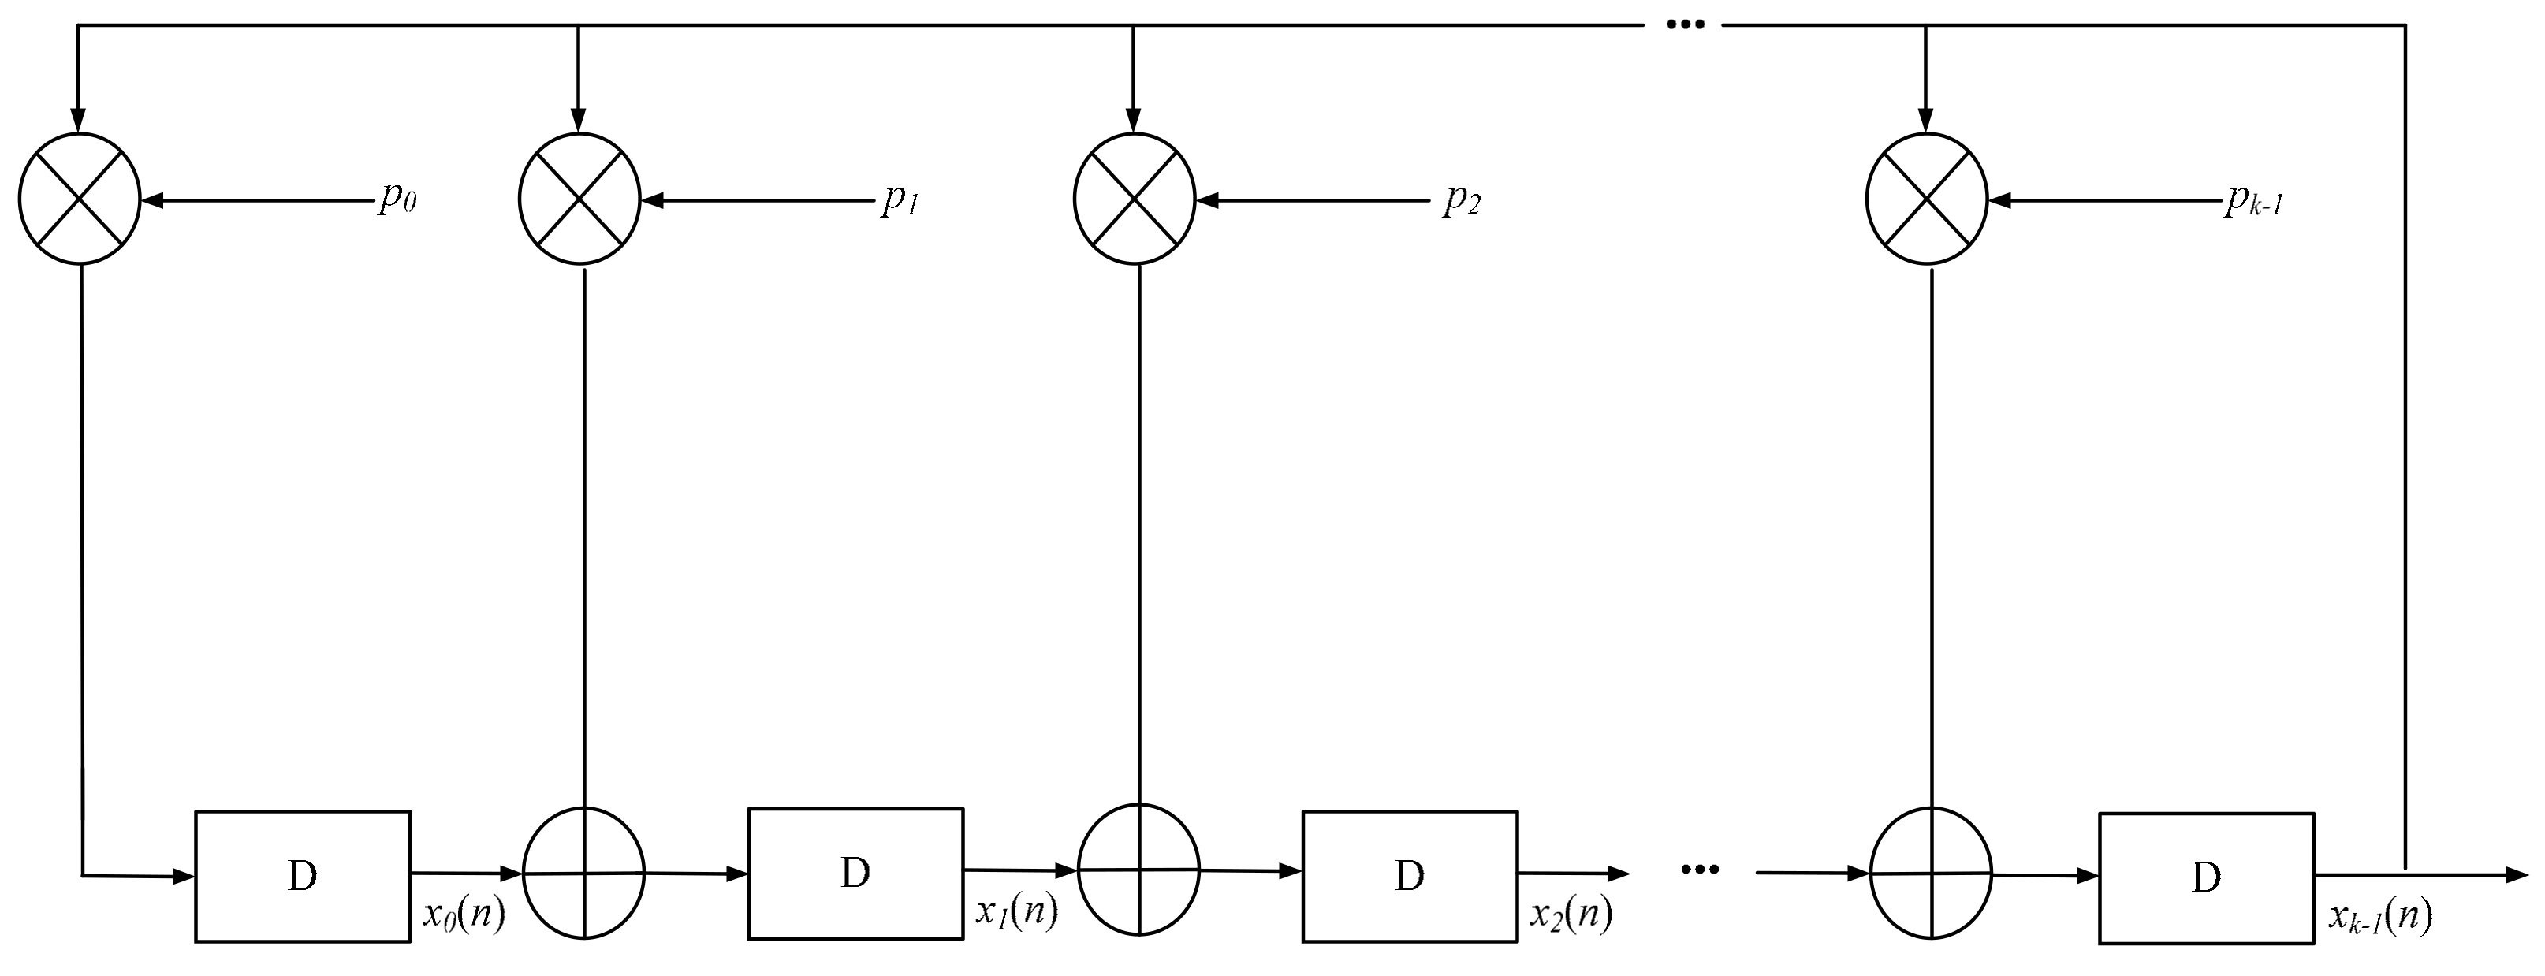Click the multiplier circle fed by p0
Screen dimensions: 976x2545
click(x=80, y=199)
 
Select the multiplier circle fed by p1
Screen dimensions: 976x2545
click(x=580, y=199)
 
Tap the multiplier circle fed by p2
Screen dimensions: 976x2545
click(x=1135, y=199)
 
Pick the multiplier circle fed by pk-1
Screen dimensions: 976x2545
click(x=1927, y=199)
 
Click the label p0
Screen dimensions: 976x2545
click(x=397, y=199)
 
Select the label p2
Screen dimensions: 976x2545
click(x=1463, y=200)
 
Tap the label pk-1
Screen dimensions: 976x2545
click(x=2253, y=202)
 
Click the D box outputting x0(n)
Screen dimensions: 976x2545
click(x=302, y=876)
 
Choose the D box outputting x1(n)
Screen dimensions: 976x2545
click(x=855, y=874)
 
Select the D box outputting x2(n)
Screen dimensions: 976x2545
click(x=1410, y=876)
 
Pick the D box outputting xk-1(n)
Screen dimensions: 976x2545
click(x=2206, y=878)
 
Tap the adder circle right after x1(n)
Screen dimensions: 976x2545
click(x=1138, y=870)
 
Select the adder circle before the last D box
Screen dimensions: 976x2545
click(x=1932, y=874)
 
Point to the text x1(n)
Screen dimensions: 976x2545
click(x=1016, y=912)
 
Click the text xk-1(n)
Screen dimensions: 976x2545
click(x=2379, y=918)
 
